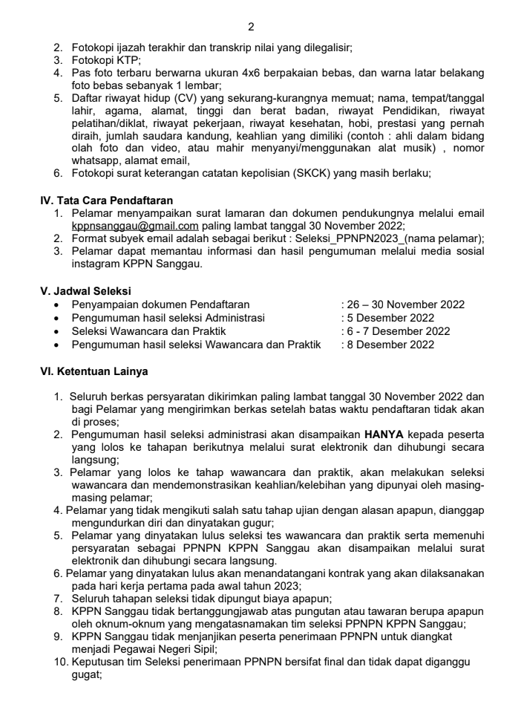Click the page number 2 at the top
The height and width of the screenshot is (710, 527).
[x=251, y=27]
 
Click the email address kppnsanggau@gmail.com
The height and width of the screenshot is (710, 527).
[x=135, y=226]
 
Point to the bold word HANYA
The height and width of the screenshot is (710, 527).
[x=382, y=433]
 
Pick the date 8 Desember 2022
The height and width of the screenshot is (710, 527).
[x=390, y=345]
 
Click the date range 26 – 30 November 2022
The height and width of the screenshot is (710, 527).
[x=405, y=304]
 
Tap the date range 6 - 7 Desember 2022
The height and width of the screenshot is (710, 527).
[x=398, y=331]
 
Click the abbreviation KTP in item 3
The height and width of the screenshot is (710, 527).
[x=128, y=59]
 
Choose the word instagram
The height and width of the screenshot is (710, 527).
[x=96, y=264]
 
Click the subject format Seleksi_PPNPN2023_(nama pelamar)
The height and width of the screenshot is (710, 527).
[x=389, y=238]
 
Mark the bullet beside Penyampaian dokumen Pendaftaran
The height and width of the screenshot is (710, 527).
[x=58, y=304]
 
